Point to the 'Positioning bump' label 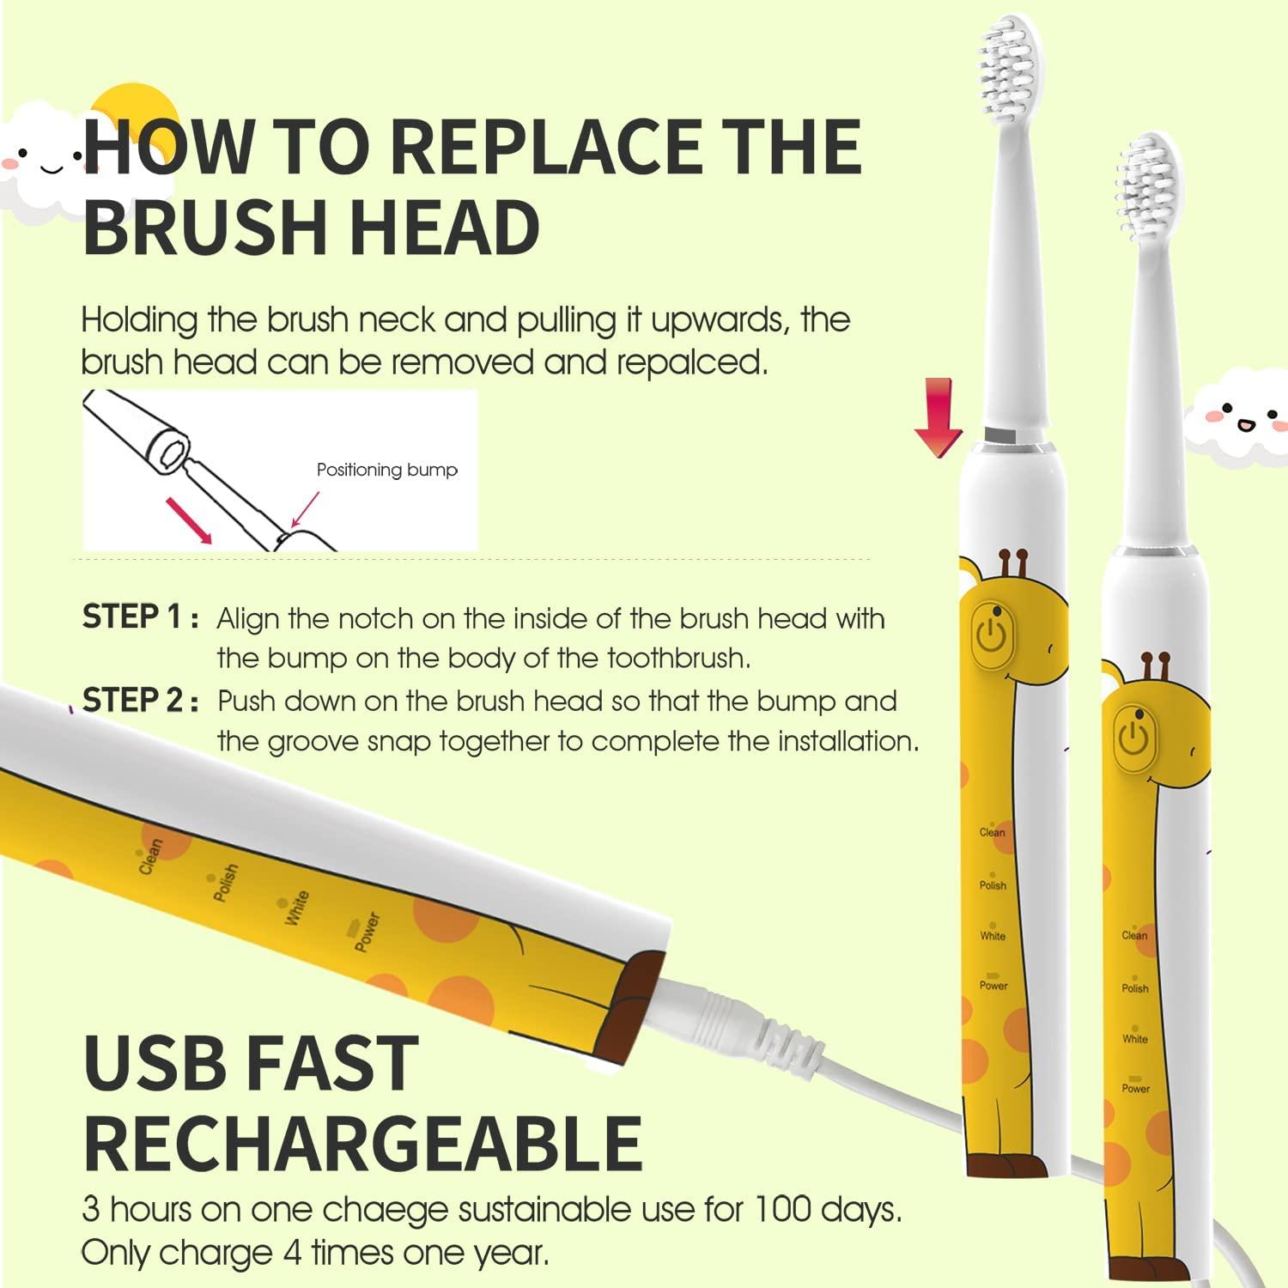click(386, 470)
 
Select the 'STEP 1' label click(132, 617)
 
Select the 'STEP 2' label click(133, 700)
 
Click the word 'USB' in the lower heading click(155, 1063)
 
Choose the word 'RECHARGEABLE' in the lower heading click(362, 1143)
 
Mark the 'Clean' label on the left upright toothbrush click(992, 832)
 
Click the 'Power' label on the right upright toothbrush click(1135, 1088)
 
